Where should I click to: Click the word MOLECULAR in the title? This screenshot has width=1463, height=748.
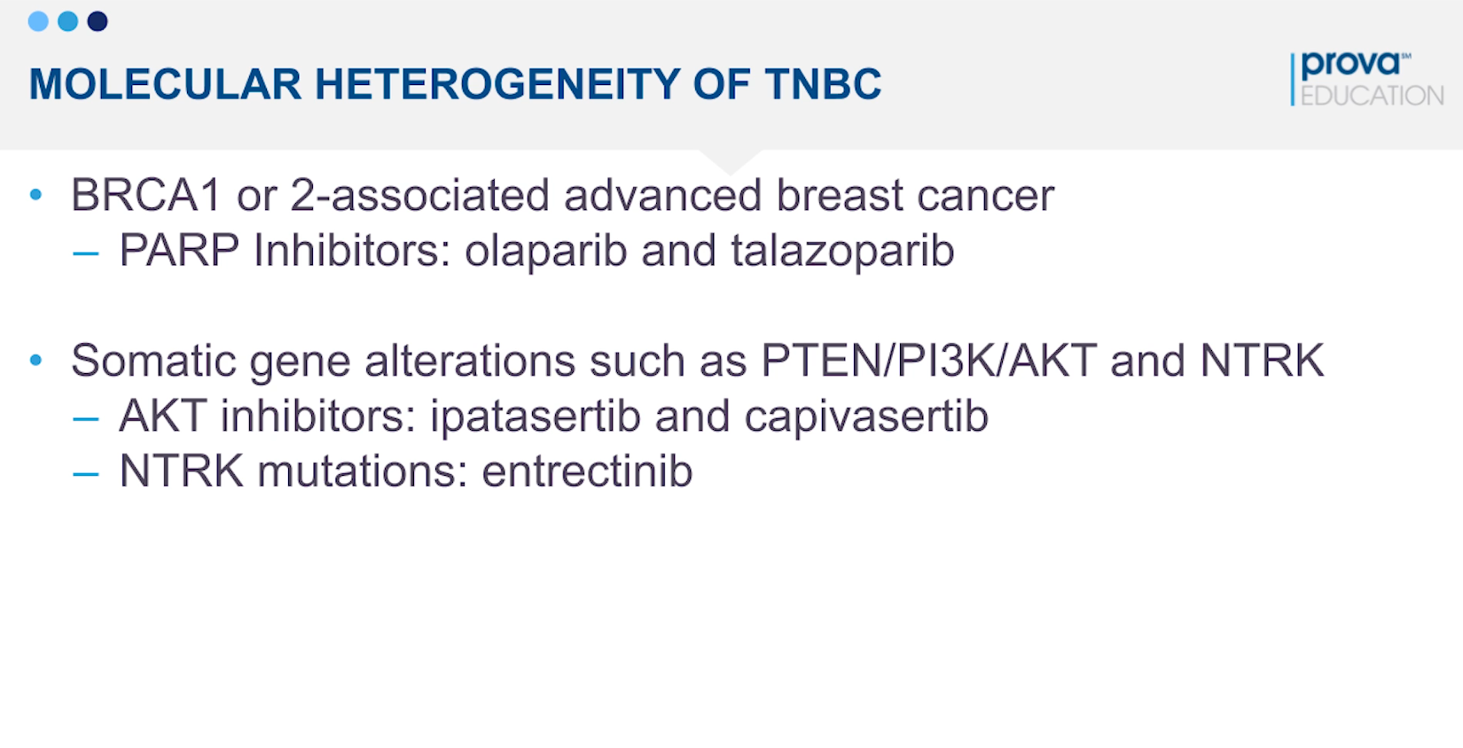[x=165, y=84]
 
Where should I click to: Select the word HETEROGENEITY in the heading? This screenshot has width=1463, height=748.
[x=497, y=84]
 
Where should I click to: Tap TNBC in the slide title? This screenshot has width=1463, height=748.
[x=824, y=84]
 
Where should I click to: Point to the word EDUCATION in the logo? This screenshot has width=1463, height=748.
[x=1373, y=96]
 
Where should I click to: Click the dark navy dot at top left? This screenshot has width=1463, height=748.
[x=98, y=21]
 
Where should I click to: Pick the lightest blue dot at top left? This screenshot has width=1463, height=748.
[x=38, y=21]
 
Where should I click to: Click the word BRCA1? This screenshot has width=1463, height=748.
[x=145, y=195]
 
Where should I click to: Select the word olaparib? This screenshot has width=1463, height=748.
[x=546, y=252]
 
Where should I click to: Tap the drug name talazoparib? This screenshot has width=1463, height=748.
[x=842, y=252]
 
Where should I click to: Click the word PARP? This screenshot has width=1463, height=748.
[x=180, y=250]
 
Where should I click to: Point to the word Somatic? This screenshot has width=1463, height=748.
[x=153, y=361]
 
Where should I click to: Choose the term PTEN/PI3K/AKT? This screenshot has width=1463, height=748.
[x=929, y=361]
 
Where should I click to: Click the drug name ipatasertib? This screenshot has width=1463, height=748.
[x=535, y=417]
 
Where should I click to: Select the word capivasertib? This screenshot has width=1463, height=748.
[x=866, y=417]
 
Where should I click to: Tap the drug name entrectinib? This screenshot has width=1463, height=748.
[x=587, y=471]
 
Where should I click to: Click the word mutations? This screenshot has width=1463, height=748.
[x=363, y=471]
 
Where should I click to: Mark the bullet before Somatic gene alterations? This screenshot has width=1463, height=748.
[x=36, y=360]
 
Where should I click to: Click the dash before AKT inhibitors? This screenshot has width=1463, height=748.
[x=85, y=419]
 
